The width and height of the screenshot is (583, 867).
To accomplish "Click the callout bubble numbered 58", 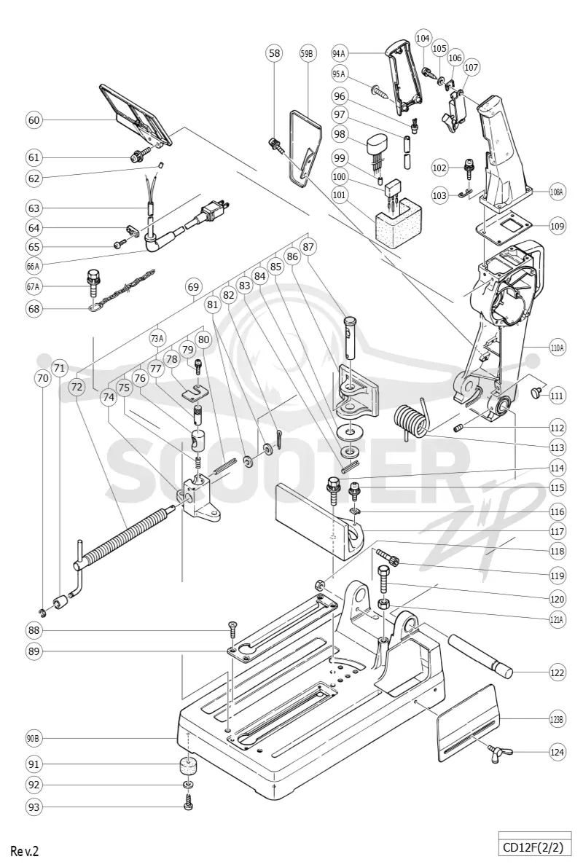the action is (274, 53).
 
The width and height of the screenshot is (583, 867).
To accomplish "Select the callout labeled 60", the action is (34, 120).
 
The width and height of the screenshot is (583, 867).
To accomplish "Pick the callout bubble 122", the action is (557, 672).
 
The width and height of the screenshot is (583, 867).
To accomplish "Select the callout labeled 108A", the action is (557, 192).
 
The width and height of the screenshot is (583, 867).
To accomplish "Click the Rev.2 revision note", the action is (24, 850).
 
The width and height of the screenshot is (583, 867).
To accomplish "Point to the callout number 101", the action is (339, 195).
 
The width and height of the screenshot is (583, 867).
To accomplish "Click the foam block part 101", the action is (397, 223).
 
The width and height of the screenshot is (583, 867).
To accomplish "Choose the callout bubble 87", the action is (309, 246).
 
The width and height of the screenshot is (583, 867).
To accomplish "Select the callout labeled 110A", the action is (557, 348).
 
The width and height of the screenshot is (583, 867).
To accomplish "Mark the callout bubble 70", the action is (42, 378).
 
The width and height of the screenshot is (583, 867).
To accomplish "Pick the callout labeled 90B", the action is (34, 738).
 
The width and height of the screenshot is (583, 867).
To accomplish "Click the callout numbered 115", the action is (557, 487).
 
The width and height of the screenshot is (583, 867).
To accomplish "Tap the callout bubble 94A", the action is (339, 54).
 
